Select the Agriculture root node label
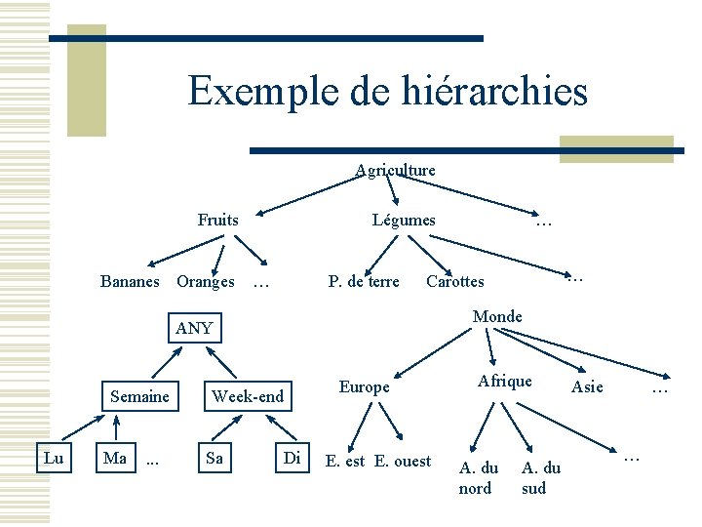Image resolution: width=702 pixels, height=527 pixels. tap(395, 170)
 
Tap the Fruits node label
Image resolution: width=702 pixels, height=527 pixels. tap(217, 220)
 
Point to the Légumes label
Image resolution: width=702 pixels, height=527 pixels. tap(404, 220)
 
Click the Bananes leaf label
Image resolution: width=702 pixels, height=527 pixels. tap(130, 281)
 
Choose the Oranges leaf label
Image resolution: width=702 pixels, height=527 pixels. tap(205, 281)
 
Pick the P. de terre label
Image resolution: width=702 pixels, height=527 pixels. tap(364, 281)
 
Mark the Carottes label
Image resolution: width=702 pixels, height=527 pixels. tap(454, 281)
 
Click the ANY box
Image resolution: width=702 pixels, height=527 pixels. tap(194, 328)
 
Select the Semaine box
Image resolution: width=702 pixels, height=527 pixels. tap(139, 396)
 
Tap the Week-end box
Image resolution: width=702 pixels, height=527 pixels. tap(248, 396)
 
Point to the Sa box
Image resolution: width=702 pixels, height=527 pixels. tap(214, 458)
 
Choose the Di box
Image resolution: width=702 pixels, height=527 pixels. tap(292, 458)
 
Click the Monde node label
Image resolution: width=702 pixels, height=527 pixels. tap(497, 316)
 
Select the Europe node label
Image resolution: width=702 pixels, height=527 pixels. tap(364, 386)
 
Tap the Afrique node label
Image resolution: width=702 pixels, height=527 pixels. tap(504, 381)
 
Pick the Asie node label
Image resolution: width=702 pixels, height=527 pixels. tap(587, 386)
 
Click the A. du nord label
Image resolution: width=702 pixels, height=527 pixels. tap(478, 478)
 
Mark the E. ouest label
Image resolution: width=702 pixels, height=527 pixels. tap(403, 461)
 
